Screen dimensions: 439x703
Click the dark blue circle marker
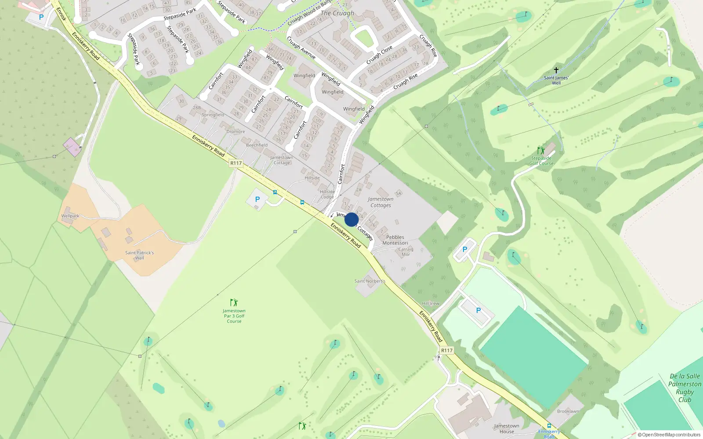pyautogui.click(x=351, y=219)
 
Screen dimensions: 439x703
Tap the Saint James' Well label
pyautogui.click(x=556, y=80)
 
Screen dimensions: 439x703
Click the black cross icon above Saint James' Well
pyautogui.click(x=556, y=70)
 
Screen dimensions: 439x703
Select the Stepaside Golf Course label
pyautogui.click(x=541, y=161)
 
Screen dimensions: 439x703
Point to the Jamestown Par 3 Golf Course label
pyautogui.click(x=234, y=316)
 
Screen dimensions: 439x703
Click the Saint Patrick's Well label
pyautogui.click(x=139, y=255)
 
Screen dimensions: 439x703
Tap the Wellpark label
pyautogui.click(x=70, y=216)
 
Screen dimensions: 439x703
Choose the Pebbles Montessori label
pyautogui.click(x=395, y=240)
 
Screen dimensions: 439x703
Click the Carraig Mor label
pyautogui.click(x=406, y=252)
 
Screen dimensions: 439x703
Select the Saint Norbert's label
pyautogui.click(x=370, y=281)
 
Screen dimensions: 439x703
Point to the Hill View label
pyautogui.click(x=431, y=303)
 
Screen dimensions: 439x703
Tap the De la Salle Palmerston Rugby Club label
pyautogui.click(x=685, y=388)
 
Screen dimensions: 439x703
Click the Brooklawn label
pyautogui.click(x=568, y=411)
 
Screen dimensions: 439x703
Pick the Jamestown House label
pyautogui.click(x=506, y=428)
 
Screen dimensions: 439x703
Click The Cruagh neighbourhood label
pyautogui.click(x=337, y=13)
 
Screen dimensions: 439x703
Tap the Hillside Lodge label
pyautogui.click(x=327, y=194)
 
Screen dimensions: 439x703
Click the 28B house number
pyautogui.click(x=196, y=108)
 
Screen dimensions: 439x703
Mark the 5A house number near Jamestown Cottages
pyautogui.click(x=399, y=193)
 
